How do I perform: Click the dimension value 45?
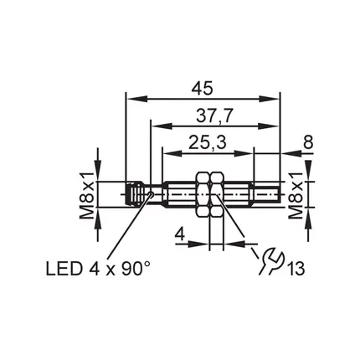point(203,88)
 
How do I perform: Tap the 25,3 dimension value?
point(208,142)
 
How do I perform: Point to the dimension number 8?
point(308,142)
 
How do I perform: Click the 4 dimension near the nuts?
point(180,235)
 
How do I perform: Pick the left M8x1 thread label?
point(86,195)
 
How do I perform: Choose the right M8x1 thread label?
point(296,195)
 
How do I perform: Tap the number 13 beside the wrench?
point(296,269)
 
